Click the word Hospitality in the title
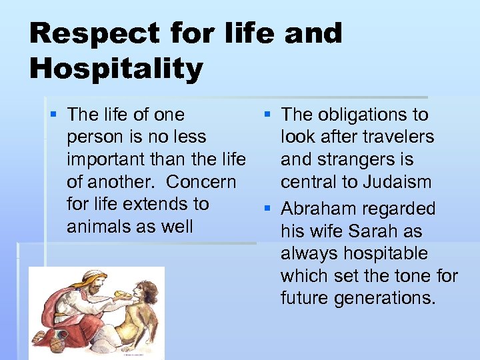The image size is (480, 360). (x=116, y=69)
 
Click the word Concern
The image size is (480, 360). (x=201, y=181)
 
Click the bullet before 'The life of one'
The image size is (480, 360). (x=55, y=115)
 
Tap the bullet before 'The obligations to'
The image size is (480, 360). (x=269, y=115)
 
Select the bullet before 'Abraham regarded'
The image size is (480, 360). (x=269, y=209)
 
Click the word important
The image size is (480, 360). (x=105, y=159)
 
